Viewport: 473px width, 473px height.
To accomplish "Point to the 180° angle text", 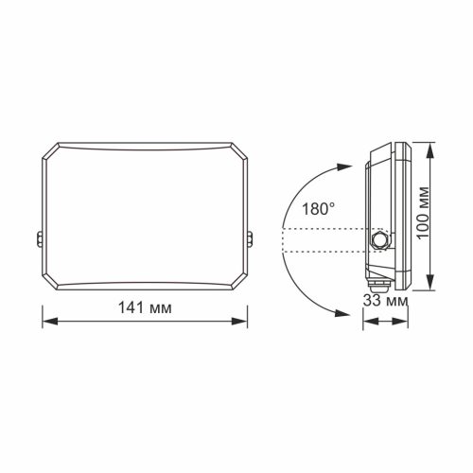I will coord(317,209).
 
